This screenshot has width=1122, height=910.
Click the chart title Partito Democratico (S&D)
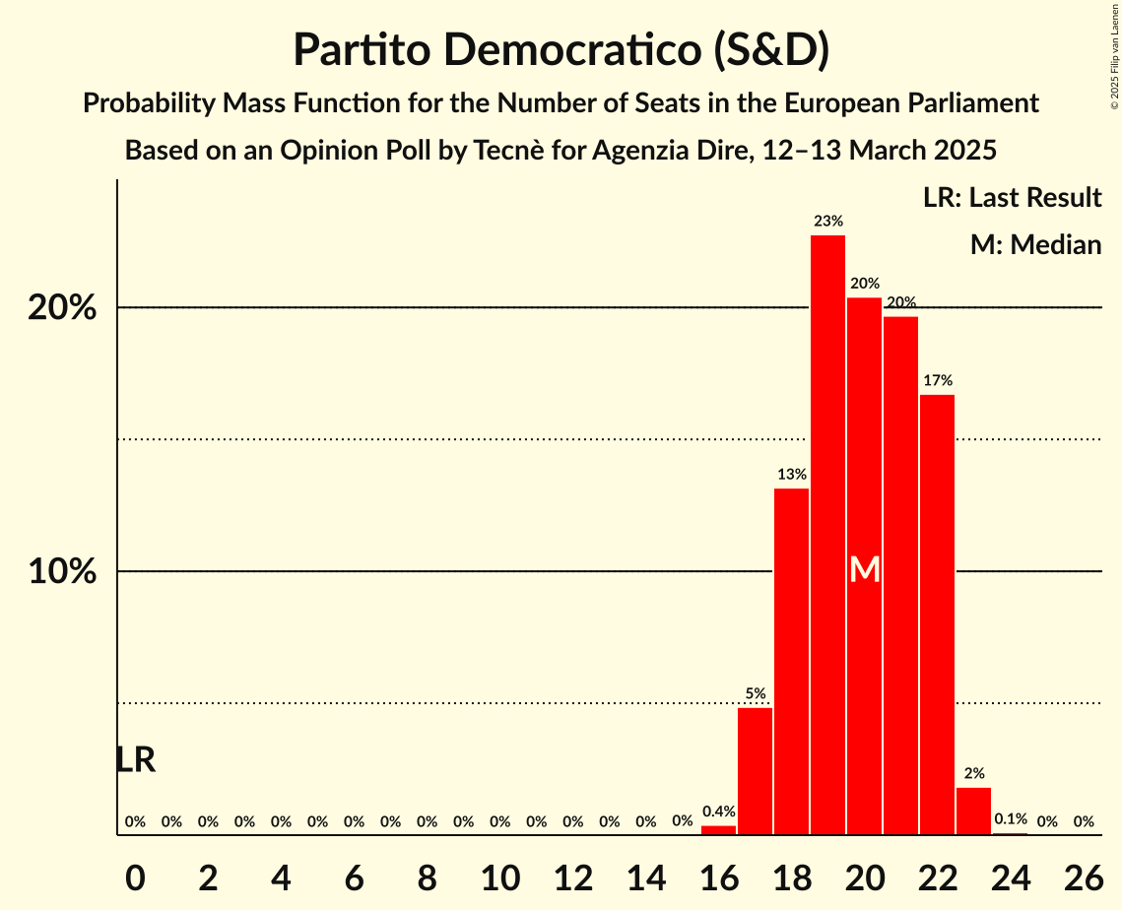(561, 49)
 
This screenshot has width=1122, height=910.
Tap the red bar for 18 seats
(792, 661)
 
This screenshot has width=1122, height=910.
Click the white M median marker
(865, 569)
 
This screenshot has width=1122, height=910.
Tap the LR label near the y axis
(135, 759)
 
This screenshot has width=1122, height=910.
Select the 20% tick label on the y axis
(62, 308)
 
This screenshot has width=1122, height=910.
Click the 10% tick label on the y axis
(62, 572)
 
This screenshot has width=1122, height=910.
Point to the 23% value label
(828, 222)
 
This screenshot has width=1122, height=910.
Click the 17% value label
(938, 380)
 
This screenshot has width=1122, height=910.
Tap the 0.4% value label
(719, 812)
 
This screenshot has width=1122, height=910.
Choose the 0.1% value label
(1011, 818)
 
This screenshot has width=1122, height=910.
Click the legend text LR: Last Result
(1012, 198)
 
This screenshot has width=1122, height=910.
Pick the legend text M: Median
(1035, 244)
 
